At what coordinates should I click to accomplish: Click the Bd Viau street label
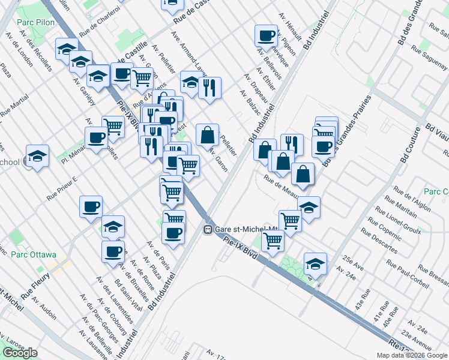click(436, 131)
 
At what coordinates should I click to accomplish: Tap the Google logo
click(20, 353)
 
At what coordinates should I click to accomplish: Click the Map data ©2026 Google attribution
click(411, 355)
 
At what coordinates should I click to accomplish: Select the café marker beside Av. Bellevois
click(266, 35)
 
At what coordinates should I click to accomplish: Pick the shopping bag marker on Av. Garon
click(207, 135)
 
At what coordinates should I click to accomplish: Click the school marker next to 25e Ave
click(315, 263)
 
